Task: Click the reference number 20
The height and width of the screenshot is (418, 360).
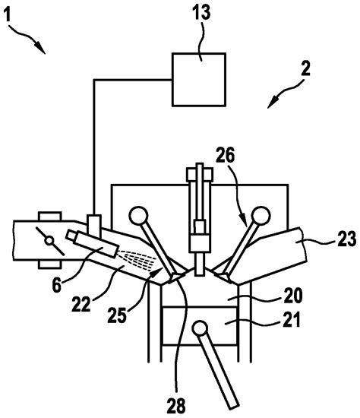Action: tap(270, 294)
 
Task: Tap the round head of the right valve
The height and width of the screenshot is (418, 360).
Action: tap(261, 214)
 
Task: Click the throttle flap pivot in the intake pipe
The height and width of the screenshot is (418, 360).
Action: tap(49, 242)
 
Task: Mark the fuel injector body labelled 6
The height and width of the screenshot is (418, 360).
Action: tap(90, 245)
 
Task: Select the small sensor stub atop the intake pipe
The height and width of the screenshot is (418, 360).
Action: tap(94, 224)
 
